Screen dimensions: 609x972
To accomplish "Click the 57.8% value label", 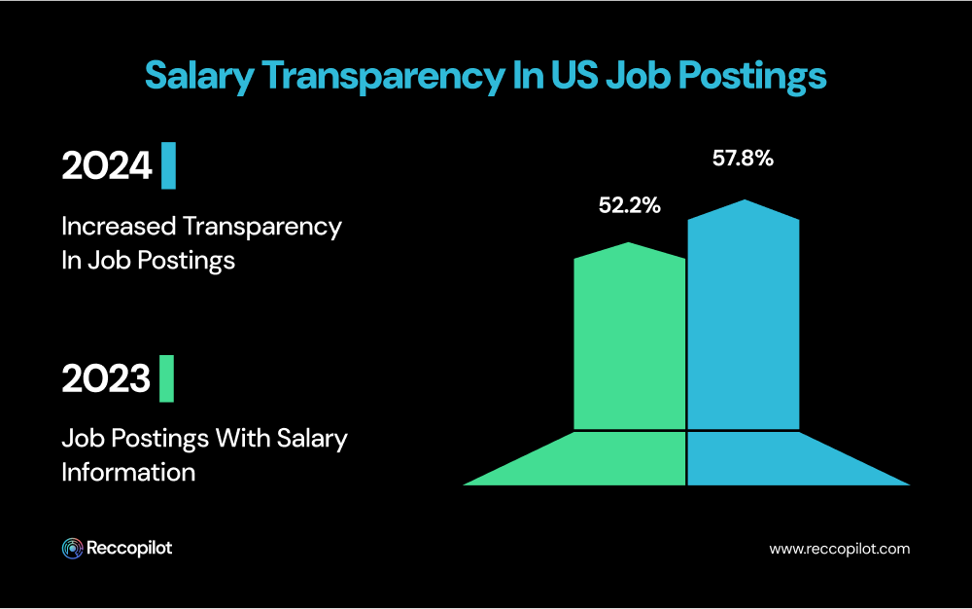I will pos(743,159).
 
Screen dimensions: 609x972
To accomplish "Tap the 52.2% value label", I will pos(630,205).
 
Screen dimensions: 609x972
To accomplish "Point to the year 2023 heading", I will pos(106,379).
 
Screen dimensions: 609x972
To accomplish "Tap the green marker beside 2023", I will pos(166,379).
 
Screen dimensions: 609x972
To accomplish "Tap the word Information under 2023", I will pos(128,472).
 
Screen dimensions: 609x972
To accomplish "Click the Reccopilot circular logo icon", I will pos(71,549).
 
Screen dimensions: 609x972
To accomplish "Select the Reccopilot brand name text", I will pos(129,549).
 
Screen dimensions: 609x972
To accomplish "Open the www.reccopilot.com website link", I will pos(839,549).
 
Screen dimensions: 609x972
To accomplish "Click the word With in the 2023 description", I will pos(243,439).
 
